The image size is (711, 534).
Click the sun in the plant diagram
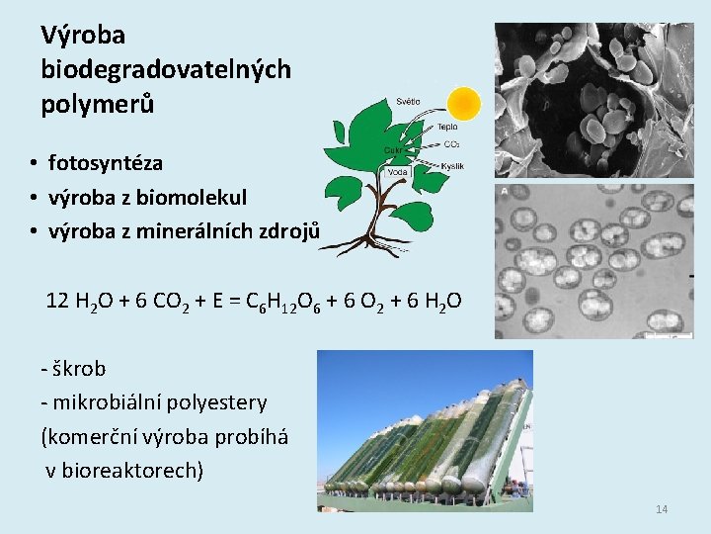coord(463,102)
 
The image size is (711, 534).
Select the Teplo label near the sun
coord(447,128)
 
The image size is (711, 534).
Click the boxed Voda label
coord(398,172)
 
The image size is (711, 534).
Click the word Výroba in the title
coord(83,36)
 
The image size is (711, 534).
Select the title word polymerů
coord(98,103)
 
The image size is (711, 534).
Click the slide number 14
coord(662,509)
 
